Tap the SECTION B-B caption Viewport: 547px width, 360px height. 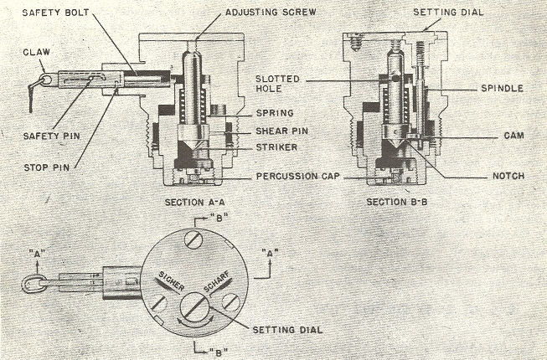point(395,202)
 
